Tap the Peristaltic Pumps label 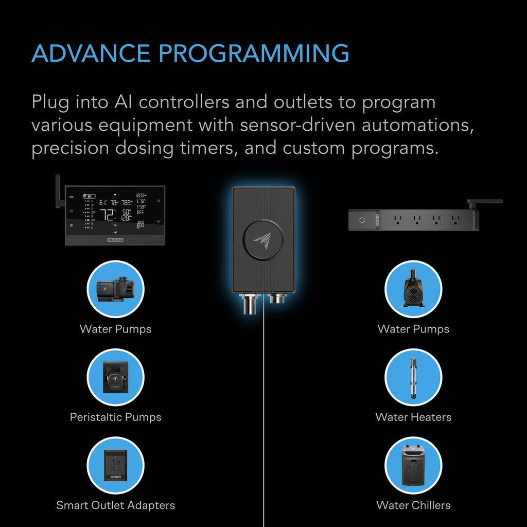(x=115, y=417)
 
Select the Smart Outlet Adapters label (x=115, y=505)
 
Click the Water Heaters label (x=413, y=417)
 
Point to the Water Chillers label (x=413, y=505)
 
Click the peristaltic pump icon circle (x=115, y=377)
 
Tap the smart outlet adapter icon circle (x=115, y=465)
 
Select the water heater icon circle (x=413, y=377)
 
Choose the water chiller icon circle (x=413, y=465)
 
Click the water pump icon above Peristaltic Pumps (x=115, y=289)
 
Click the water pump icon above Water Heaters (x=413, y=289)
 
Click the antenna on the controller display (x=58, y=191)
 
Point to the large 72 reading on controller (x=107, y=215)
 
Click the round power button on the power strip (x=362, y=220)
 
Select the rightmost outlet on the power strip (x=454, y=220)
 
